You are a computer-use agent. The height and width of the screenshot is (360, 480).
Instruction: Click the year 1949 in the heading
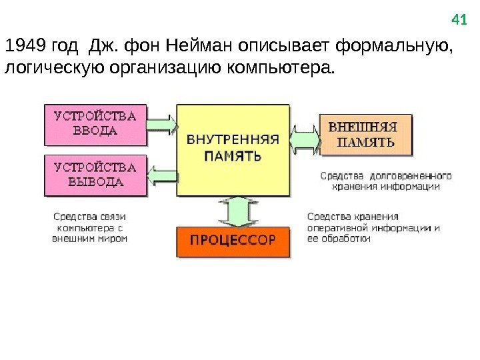[21, 48]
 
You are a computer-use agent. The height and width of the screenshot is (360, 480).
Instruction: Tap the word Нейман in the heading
[193, 48]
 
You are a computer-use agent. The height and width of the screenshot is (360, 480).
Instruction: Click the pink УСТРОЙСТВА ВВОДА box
[95, 125]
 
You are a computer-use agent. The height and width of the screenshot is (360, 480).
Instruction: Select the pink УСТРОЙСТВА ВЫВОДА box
[95, 175]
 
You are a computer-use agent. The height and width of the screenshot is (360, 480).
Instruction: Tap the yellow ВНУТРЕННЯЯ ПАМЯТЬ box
[233, 149]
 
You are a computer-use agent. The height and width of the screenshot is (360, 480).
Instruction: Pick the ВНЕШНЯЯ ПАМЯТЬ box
[365, 134]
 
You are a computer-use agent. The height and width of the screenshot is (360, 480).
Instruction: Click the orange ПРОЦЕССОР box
[233, 241]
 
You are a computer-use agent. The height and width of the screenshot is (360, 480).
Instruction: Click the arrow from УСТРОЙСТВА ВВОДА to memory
[161, 124]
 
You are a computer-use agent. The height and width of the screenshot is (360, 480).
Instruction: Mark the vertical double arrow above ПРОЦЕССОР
[233, 211]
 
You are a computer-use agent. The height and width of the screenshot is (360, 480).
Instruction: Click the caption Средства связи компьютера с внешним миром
[90, 227]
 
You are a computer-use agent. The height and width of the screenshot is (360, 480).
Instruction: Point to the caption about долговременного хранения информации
[386, 181]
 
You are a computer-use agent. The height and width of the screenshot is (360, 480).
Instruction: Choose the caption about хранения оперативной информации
[373, 227]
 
